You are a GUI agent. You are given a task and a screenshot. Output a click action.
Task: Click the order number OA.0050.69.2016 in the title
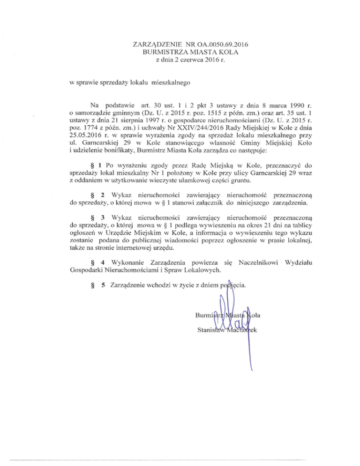coord(219,45)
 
